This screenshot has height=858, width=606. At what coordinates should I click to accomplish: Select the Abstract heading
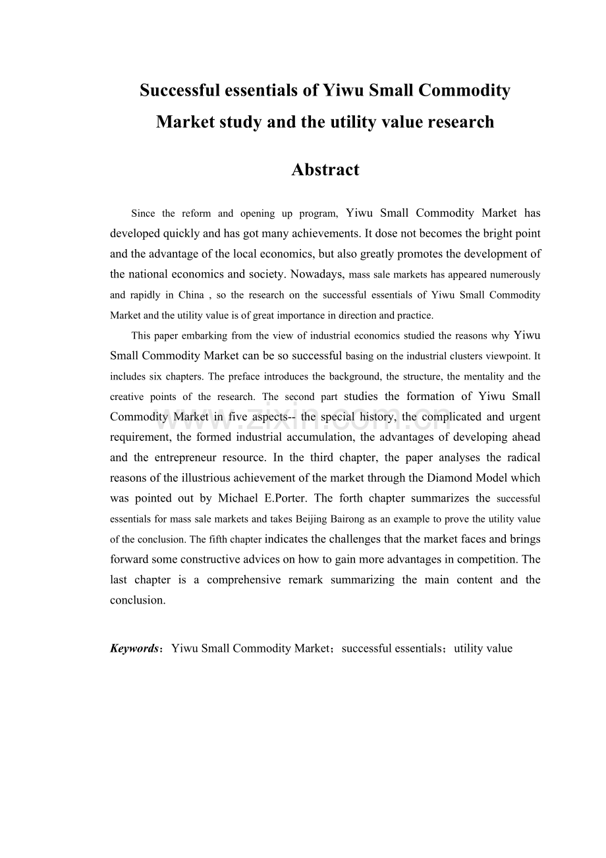[x=325, y=169]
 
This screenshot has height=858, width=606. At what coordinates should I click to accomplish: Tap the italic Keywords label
[x=134, y=648]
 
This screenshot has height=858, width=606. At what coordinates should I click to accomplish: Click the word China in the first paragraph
[x=191, y=295]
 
